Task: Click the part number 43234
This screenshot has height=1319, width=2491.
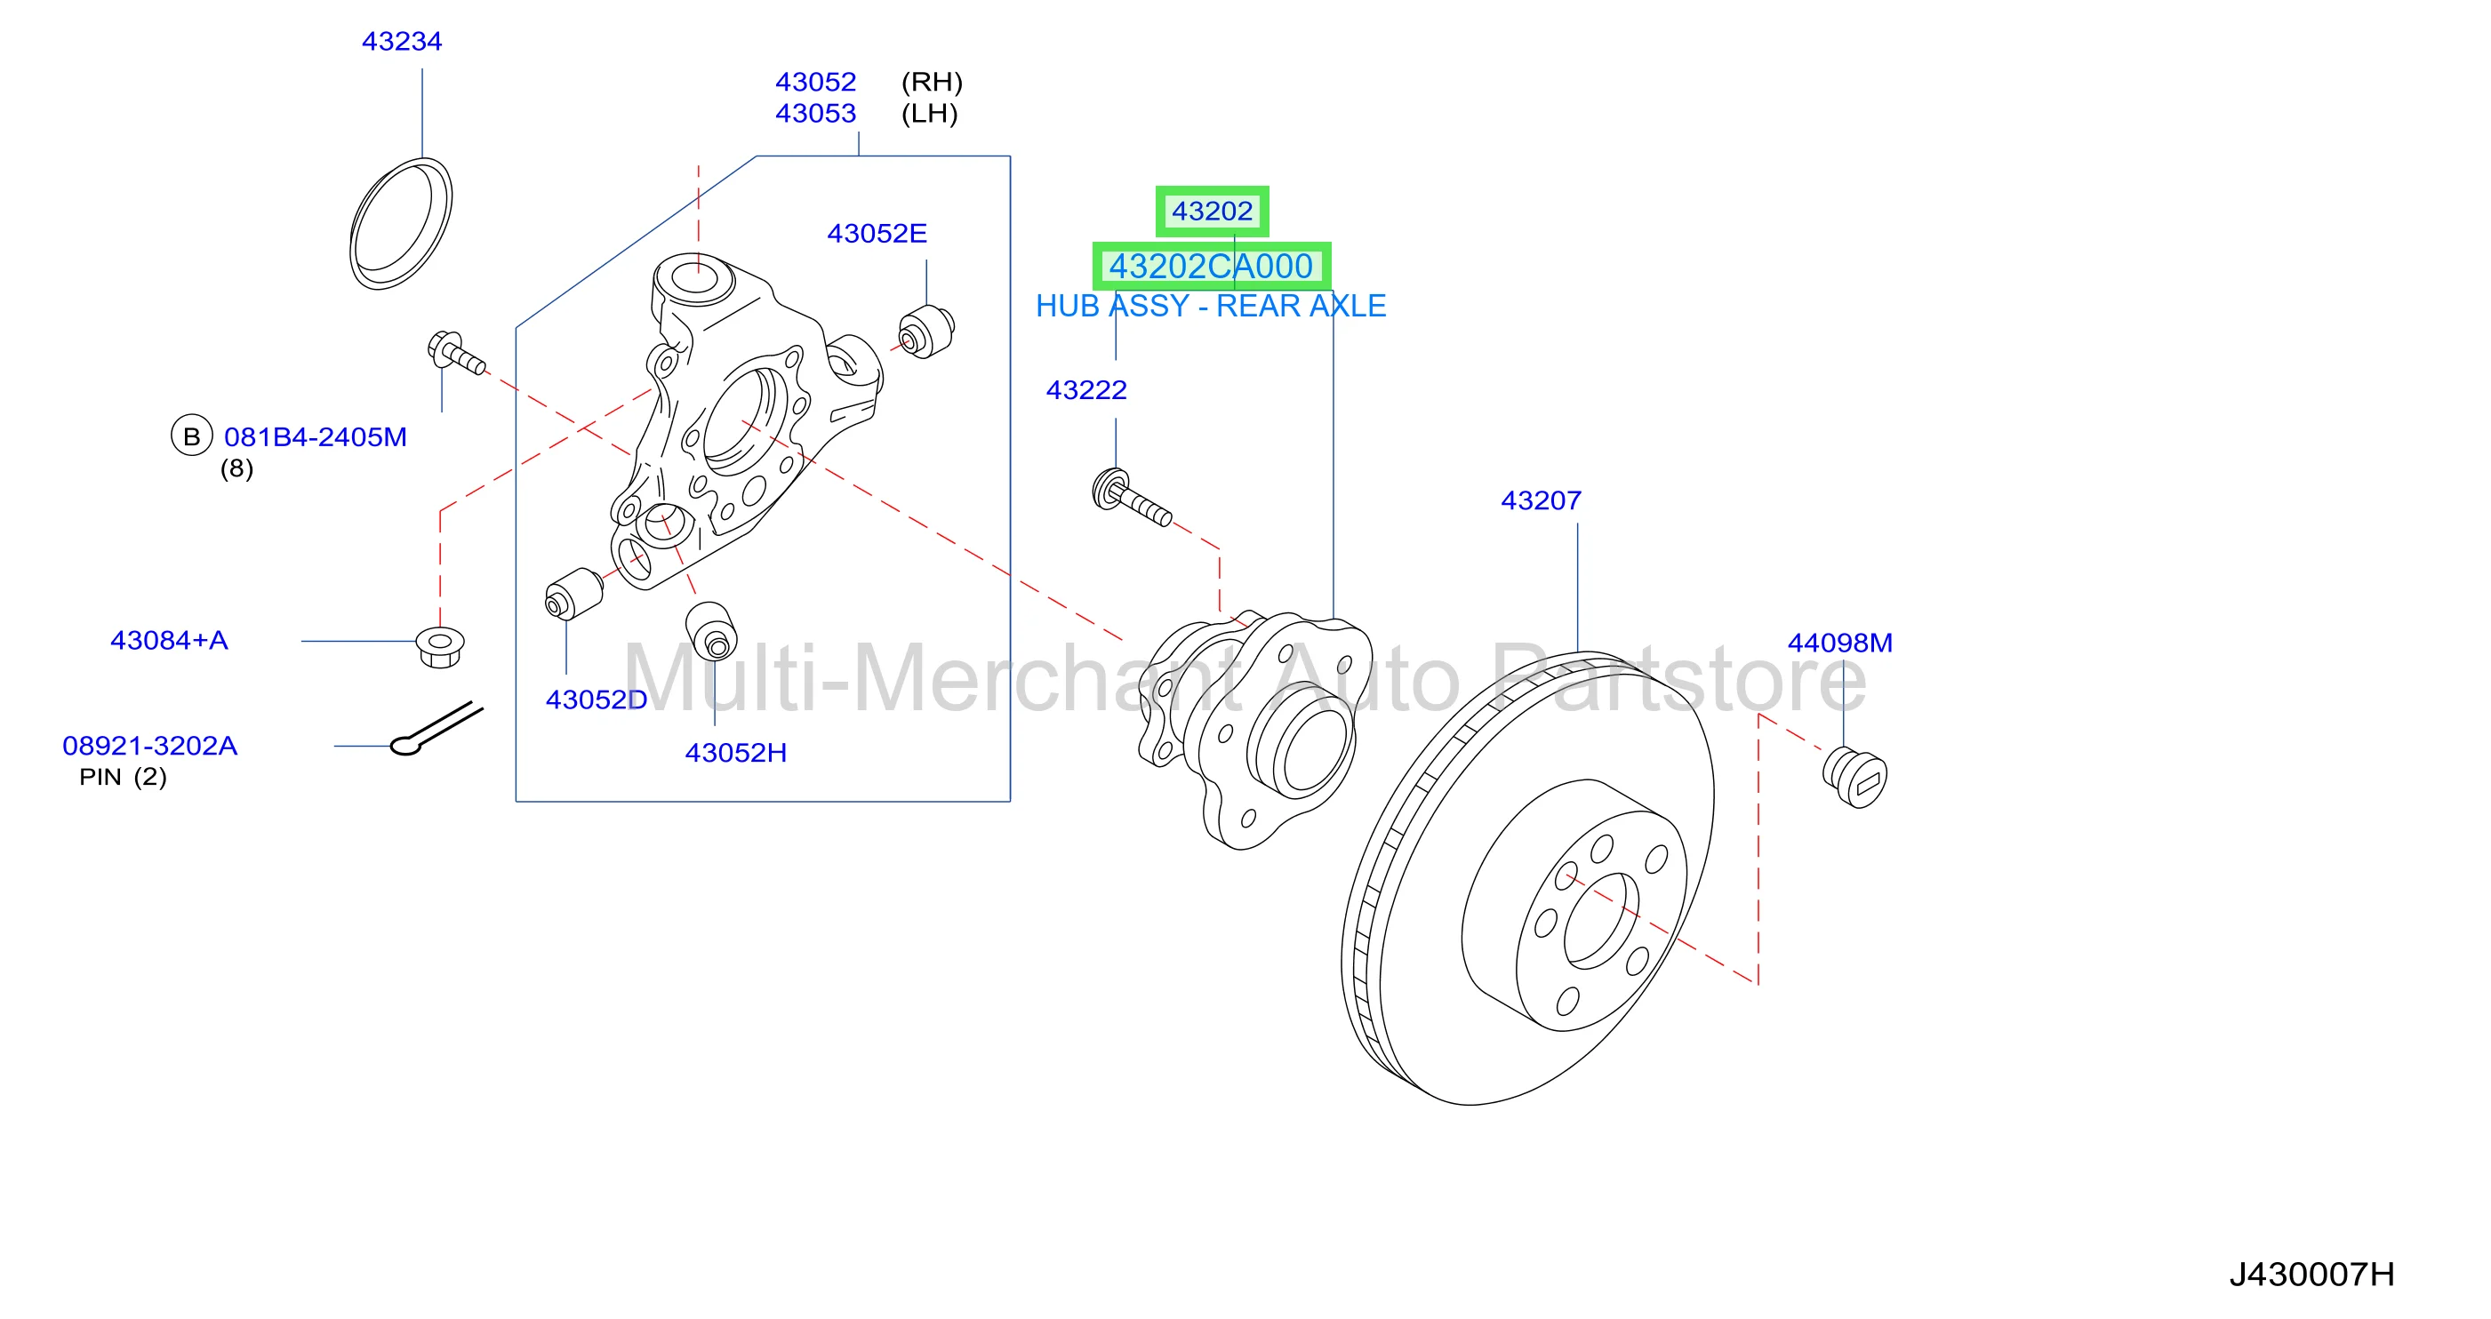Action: [x=401, y=42]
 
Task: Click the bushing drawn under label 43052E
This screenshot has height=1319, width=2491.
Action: [x=926, y=332]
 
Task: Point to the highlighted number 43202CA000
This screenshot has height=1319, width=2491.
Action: [x=1211, y=266]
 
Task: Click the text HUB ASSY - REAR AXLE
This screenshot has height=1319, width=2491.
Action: [x=1211, y=306]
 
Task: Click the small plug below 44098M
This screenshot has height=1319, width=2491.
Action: [x=1854, y=777]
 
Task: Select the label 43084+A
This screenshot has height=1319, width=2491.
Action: [x=169, y=640]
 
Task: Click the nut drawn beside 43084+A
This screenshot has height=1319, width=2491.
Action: [x=440, y=646]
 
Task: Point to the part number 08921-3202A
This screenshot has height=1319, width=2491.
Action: [x=150, y=746]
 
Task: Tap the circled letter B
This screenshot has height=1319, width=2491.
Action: [x=191, y=436]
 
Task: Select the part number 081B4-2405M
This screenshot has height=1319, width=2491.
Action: [x=316, y=437]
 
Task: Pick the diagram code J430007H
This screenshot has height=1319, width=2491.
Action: [x=2311, y=1275]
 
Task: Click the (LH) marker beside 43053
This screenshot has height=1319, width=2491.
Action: [x=929, y=113]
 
